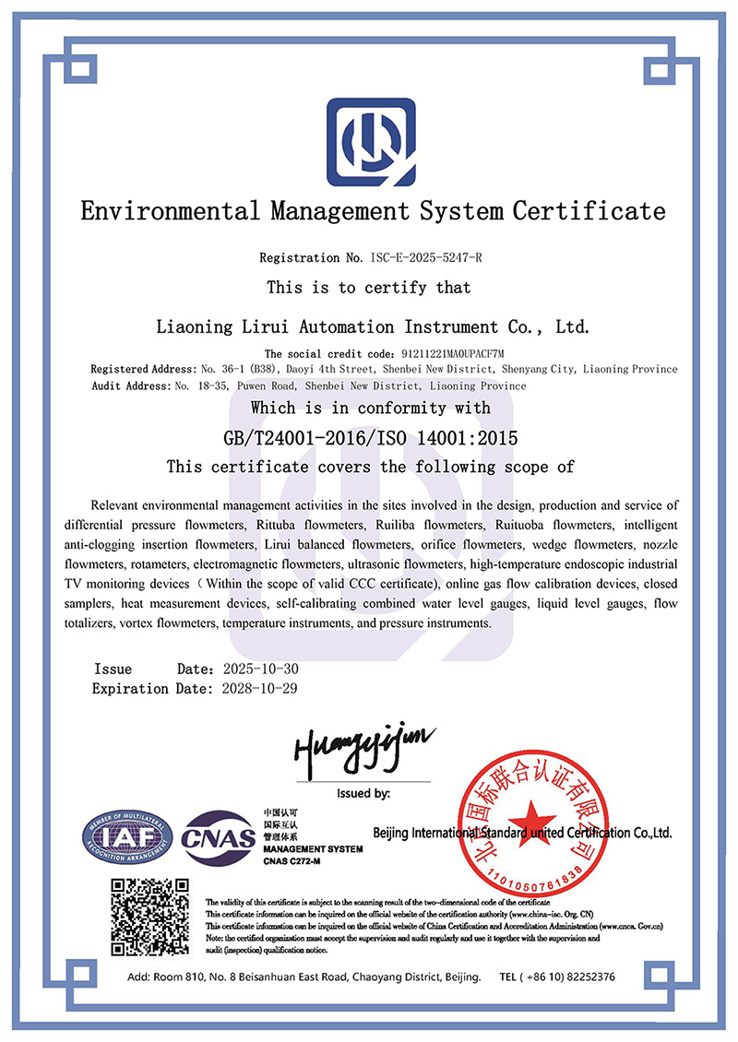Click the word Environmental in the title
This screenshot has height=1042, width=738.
click(x=170, y=211)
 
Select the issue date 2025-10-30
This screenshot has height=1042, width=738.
click(x=262, y=669)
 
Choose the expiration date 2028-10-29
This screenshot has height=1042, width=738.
click(x=262, y=688)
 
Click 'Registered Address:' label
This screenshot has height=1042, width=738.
click(x=142, y=369)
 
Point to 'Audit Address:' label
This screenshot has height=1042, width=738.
click(x=131, y=385)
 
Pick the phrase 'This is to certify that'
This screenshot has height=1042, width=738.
click(x=369, y=288)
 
